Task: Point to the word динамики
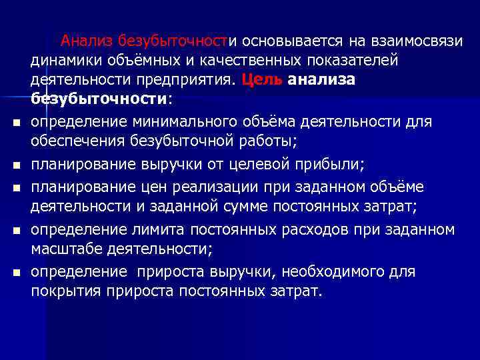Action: pos(60,61)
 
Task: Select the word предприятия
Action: pos(181,80)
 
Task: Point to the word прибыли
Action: pos(348,163)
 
